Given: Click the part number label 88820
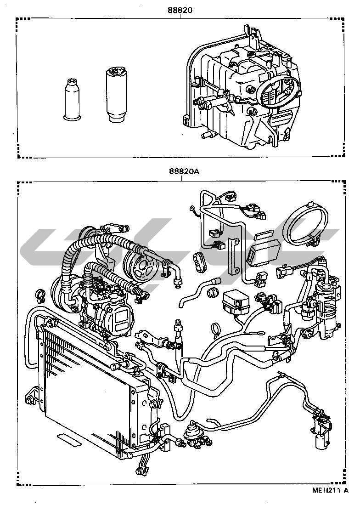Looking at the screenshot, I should coord(180,9).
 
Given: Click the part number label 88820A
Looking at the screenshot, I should coord(182,171).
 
